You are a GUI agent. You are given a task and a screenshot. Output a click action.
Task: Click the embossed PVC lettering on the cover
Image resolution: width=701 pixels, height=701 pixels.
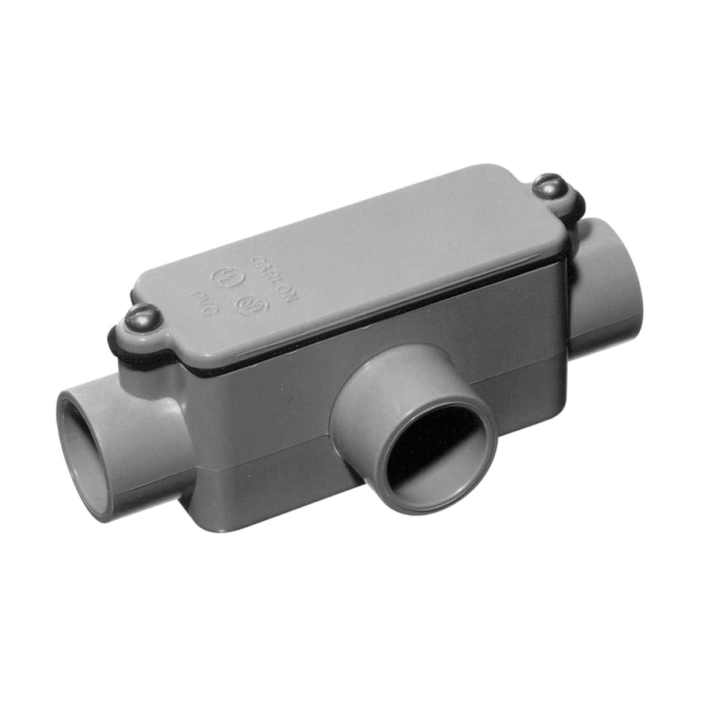tap(201, 301)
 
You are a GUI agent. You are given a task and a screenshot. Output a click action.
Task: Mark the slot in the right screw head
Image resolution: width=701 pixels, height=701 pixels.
tap(549, 184)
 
